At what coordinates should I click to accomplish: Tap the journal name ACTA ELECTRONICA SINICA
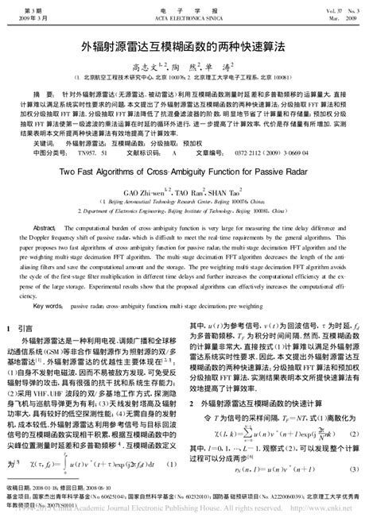click(188, 16)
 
